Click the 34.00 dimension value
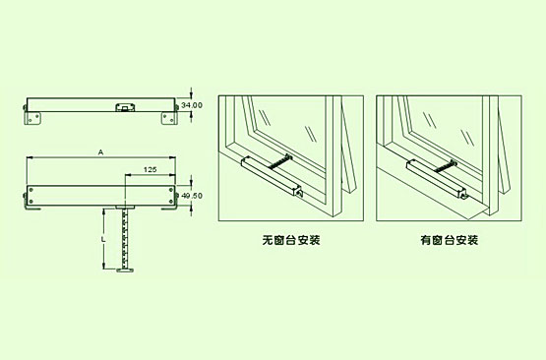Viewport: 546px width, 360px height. [192, 105]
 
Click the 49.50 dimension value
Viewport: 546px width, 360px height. [192, 196]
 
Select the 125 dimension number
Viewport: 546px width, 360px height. [151, 169]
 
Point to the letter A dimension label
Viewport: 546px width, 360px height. [101, 152]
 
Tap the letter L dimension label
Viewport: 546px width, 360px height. [102, 239]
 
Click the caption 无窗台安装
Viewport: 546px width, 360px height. [291, 240]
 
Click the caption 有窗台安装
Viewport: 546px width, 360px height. [450, 240]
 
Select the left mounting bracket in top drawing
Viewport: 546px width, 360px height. [32, 118]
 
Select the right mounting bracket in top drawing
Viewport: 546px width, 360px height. [169, 118]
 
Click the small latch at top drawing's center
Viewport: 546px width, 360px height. [125, 107]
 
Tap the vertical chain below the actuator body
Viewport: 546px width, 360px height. [125, 238]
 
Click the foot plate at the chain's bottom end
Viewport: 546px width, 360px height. [125, 270]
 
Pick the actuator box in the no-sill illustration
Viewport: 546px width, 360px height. [270, 175]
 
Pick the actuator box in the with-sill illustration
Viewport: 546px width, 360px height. [435, 179]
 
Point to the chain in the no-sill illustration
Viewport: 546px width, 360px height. [280, 162]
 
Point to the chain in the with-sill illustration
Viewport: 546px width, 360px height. [446, 165]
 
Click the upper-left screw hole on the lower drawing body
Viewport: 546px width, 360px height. [31, 190]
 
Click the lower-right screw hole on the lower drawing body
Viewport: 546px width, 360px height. [170, 202]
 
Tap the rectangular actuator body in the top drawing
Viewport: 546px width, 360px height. [101, 105]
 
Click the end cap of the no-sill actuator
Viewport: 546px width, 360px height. [298, 193]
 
